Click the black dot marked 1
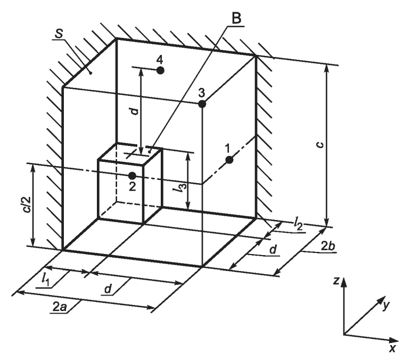tap(229, 160)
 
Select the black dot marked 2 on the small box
tap(132, 175)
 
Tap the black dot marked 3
tap(202, 104)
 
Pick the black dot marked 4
tap(160, 70)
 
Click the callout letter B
tap(236, 17)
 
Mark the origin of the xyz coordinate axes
tap(344, 334)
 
